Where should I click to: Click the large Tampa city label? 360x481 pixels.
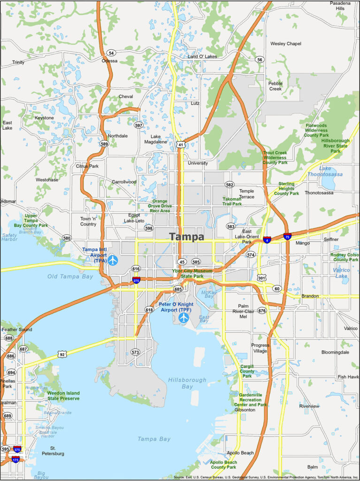pos(187,237)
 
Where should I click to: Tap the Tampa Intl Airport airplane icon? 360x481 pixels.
pos(113,260)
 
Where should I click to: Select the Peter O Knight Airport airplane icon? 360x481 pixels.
pos(184,318)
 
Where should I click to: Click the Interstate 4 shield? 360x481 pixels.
pos(267,240)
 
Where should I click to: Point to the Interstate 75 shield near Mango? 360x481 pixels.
pos(287,236)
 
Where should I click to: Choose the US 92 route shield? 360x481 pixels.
pos(62,354)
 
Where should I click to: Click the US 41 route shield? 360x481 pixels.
pos(181,145)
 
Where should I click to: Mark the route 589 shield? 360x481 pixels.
pos(104,144)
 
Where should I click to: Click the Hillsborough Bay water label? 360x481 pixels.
pos(187,383)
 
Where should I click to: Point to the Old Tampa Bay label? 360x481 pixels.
pos(70,276)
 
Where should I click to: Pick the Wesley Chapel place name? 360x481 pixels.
pos(285,44)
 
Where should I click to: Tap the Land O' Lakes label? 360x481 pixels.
pos(202,56)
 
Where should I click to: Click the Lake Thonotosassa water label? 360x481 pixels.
pos(331,171)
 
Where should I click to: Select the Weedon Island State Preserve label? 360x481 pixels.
pos(63,396)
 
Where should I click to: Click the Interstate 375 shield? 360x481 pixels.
pos(17,449)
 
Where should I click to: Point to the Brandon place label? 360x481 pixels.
pos(310,296)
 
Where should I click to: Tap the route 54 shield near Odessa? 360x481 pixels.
pos(111,53)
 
